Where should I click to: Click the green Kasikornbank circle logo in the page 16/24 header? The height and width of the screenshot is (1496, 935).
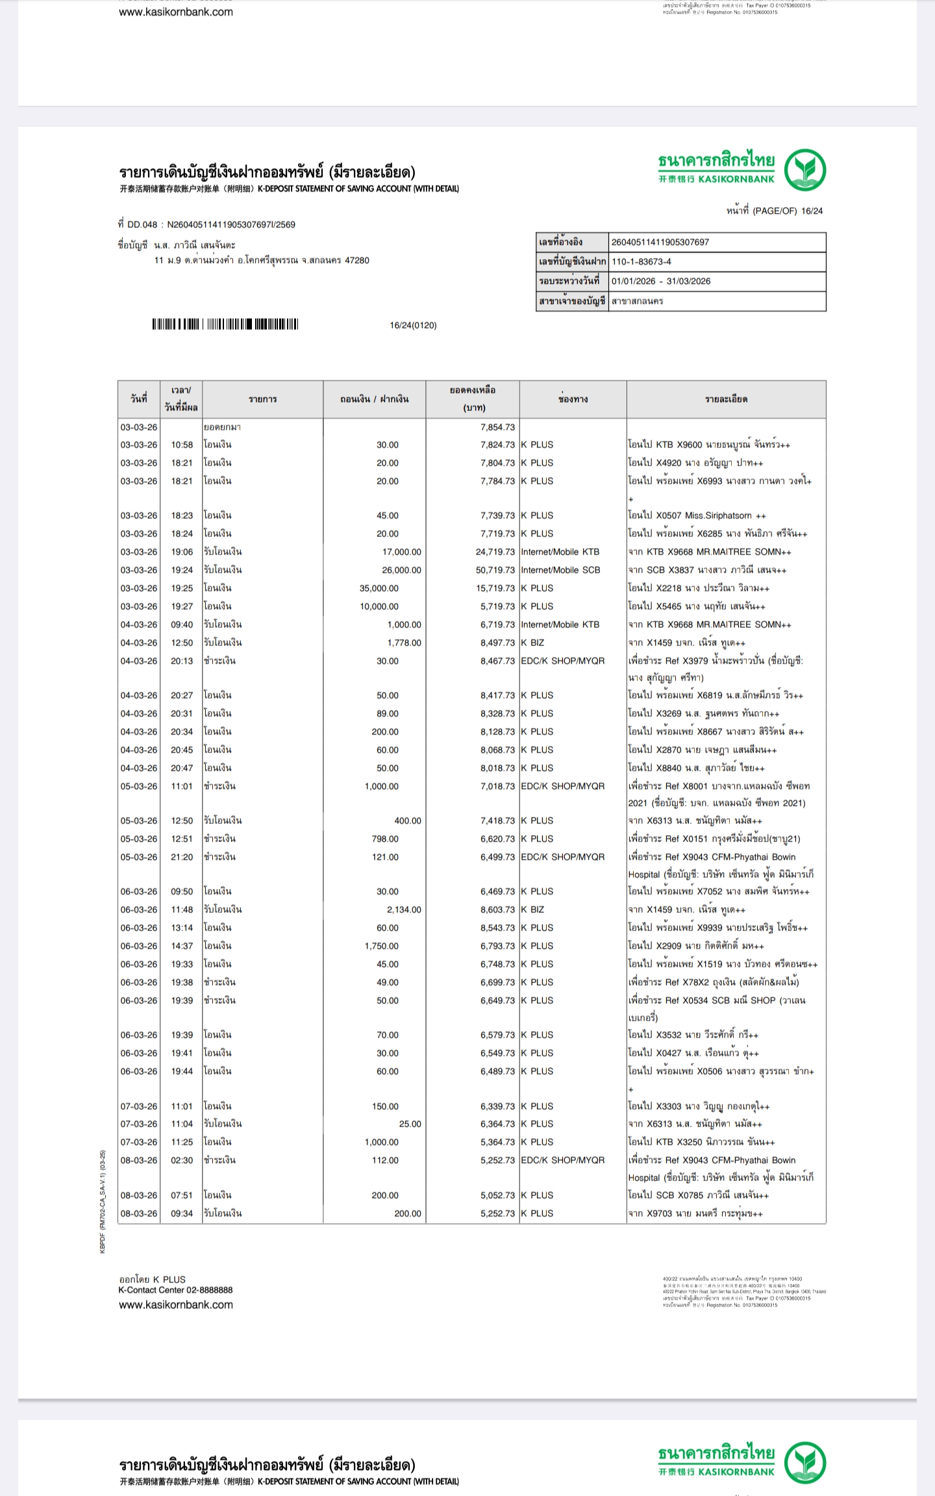(x=805, y=169)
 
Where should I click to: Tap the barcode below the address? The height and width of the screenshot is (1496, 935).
(x=225, y=324)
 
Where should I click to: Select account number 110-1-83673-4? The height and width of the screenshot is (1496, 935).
(x=642, y=262)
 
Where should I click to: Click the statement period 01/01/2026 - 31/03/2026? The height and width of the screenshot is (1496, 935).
(x=661, y=281)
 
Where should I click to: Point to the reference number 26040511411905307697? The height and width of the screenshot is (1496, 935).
(x=660, y=242)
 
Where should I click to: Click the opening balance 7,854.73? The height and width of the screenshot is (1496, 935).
(x=497, y=427)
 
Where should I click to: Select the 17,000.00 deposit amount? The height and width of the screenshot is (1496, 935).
(x=401, y=552)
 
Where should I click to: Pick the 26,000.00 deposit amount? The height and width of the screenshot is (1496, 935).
(x=401, y=570)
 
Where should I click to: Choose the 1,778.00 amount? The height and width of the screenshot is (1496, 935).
(x=404, y=643)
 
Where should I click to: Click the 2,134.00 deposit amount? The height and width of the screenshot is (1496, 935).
(x=404, y=910)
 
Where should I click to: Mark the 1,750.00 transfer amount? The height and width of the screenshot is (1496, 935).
(x=382, y=946)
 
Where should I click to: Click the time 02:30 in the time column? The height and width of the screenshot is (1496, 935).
(x=182, y=1160)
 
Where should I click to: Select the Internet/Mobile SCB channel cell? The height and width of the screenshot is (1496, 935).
(x=560, y=570)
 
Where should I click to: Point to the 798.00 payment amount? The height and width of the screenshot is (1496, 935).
(x=385, y=839)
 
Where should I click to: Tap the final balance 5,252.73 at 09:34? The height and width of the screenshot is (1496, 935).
(x=497, y=1214)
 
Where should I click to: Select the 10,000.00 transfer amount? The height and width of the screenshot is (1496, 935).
(x=379, y=606)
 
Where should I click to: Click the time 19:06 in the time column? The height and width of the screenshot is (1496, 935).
(x=182, y=552)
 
